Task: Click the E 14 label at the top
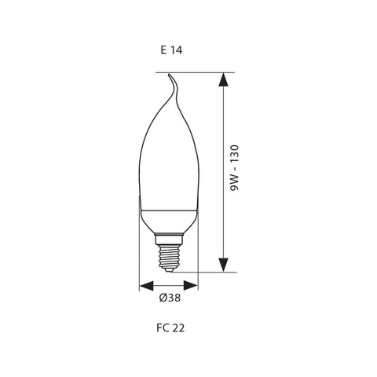[170, 49]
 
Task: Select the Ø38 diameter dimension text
[168, 298]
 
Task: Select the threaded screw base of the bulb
[169, 250]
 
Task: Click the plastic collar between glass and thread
[168, 222]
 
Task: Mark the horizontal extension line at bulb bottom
[208, 272]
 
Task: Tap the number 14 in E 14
[177, 49]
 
